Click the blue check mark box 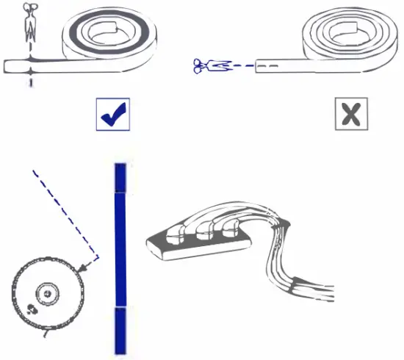113,114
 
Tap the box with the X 352,114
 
